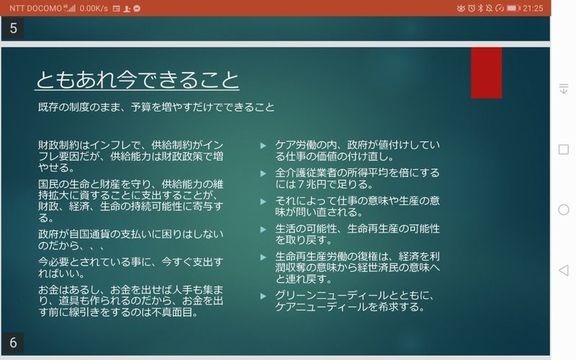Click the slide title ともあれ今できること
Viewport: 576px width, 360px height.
(x=138, y=80)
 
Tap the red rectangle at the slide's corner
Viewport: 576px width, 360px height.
(x=487, y=73)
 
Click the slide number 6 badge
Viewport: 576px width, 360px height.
(x=13, y=343)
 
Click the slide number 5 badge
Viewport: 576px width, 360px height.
(x=13, y=28)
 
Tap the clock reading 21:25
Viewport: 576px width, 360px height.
(x=533, y=8)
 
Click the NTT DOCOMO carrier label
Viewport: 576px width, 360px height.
(x=35, y=8)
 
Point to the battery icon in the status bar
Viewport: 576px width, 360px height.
(x=513, y=8)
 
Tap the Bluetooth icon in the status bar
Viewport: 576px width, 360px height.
(x=480, y=8)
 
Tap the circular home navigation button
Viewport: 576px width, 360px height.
(x=564, y=210)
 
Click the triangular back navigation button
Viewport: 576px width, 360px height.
(x=564, y=271)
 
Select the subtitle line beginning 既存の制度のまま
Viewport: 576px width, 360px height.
(x=156, y=107)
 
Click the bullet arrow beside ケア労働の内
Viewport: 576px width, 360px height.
(x=263, y=146)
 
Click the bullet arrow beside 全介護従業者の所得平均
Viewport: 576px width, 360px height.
(x=263, y=174)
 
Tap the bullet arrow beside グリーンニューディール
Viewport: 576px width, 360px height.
(x=263, y=296)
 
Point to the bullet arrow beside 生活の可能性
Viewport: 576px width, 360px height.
(x=263, y=230)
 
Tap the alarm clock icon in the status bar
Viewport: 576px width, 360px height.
(x=472, y=8)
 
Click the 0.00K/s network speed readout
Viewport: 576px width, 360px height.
(x=94, y=8)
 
